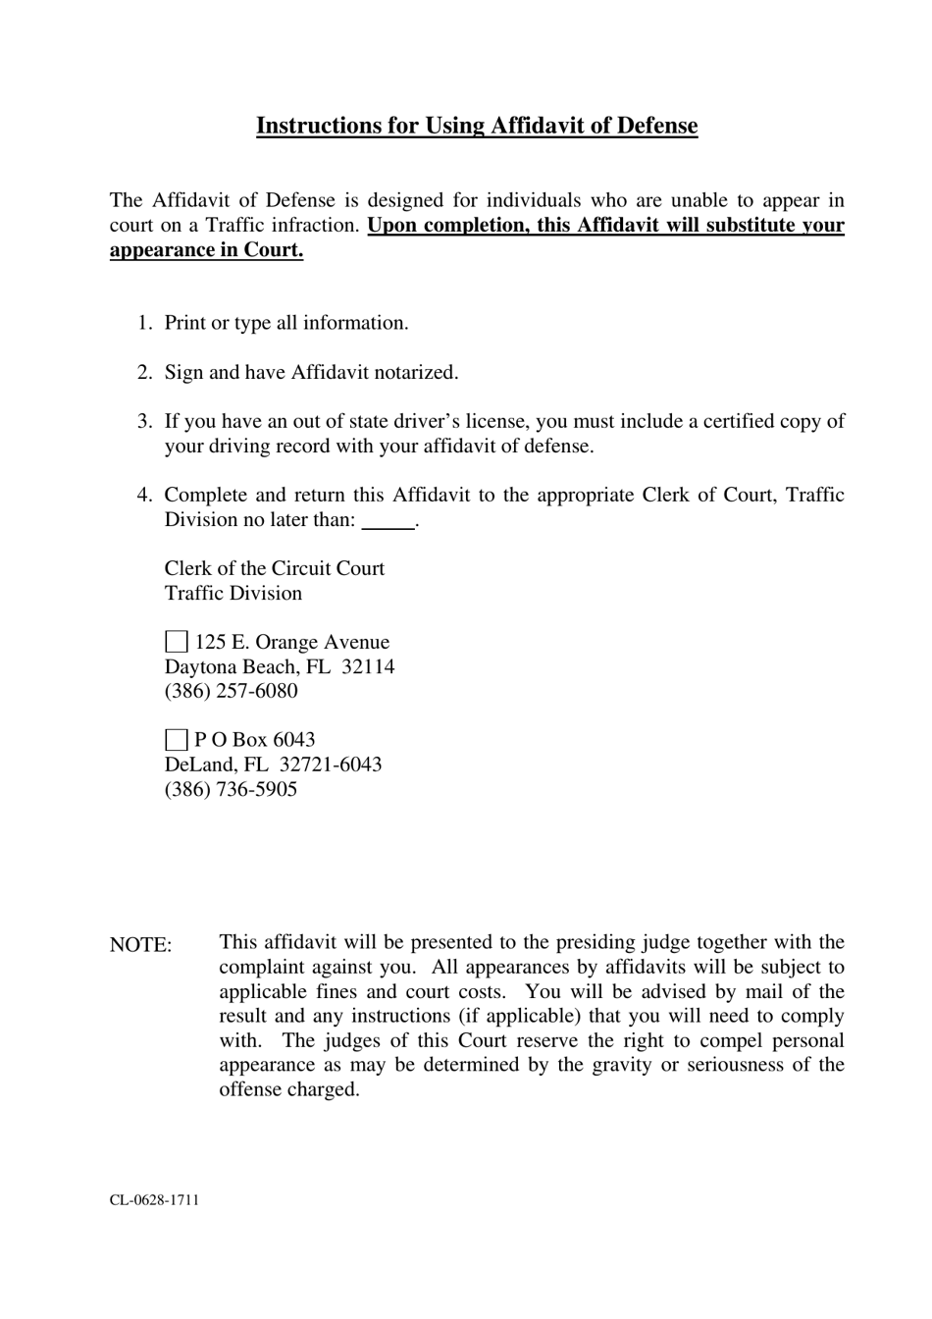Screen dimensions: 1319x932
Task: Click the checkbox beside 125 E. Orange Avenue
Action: click(176, 643)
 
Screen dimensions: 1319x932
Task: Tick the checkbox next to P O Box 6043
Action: click(176, 740)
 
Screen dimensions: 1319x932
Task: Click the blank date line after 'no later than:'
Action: click(388, 521)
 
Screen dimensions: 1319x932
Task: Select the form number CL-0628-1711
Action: click(154, 1199)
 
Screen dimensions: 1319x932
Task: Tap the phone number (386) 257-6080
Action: click(231, 691)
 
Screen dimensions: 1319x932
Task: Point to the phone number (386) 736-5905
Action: click(231, 789)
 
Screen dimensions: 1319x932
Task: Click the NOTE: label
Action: click(140, 944)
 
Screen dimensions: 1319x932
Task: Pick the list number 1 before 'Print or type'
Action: click(143, 323)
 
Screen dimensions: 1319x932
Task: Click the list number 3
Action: click(143, 421)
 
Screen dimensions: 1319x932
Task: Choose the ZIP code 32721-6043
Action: click(331, 765)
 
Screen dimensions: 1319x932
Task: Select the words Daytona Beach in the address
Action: click(233, 666)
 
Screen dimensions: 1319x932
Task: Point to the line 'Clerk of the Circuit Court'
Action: click(275, 568)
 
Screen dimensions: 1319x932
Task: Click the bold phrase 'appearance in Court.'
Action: click(206, 249)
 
